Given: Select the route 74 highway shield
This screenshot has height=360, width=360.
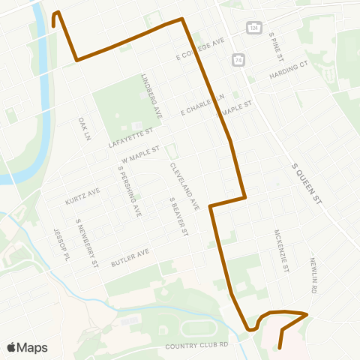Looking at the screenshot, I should click(x=238, y=59).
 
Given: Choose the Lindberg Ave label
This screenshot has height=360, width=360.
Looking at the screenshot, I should click(x=151, y=94).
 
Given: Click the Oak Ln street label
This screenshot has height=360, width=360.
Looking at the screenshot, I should click(x=82, y=127).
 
